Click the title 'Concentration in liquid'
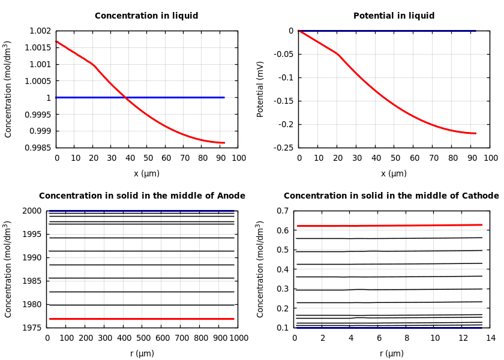click(146, 16)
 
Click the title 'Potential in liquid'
click(394, 16)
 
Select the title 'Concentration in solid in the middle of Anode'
click(142, 196)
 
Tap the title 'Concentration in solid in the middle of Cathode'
click(391, 196)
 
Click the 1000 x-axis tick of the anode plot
click(239, 338)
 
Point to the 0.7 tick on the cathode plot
click(281, 211)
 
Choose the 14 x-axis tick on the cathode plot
click(490, 338)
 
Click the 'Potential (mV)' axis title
click(260, 89)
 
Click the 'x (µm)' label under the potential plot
click(394, 173)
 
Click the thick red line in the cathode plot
click(390, 226)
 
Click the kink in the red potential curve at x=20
click(337, 53)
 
